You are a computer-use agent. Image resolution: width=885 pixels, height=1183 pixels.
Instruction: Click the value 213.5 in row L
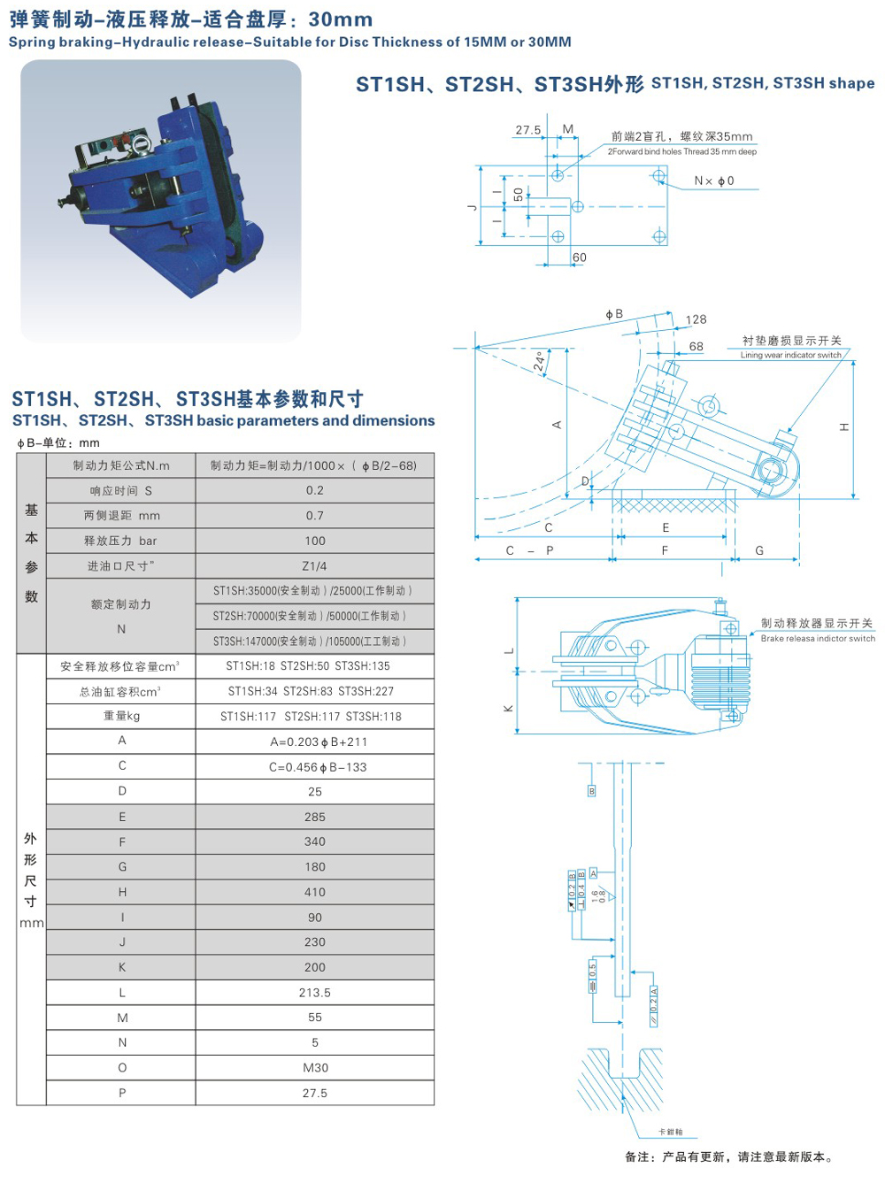[314, 993]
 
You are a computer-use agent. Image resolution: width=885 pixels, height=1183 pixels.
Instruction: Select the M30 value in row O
[314, 1068]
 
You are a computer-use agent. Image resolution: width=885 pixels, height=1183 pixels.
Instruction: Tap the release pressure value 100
[314, 541]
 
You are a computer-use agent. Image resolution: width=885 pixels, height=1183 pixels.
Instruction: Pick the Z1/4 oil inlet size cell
[314, 566]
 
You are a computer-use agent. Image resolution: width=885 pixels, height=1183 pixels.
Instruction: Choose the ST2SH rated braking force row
[310, 616]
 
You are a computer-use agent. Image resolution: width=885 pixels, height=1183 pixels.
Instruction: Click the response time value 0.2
[314, 490]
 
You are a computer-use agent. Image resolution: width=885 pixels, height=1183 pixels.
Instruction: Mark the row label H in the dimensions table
[122, 892]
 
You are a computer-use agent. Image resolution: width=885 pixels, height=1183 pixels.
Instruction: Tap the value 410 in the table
[314, 892]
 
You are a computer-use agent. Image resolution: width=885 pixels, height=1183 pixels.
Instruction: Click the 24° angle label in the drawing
[539, 362]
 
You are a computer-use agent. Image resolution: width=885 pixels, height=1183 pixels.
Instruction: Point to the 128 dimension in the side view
[696, 319]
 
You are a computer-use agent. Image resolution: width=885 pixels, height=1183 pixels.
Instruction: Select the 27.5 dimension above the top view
[527, 130]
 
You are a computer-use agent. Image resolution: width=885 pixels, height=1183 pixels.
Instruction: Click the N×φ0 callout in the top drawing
[713, 181]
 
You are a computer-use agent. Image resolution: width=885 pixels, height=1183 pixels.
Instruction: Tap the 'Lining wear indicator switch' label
[790, 355]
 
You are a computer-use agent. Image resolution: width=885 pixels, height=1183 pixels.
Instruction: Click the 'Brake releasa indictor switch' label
[817, 638]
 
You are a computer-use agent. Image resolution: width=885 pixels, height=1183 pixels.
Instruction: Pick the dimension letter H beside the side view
[844, 427]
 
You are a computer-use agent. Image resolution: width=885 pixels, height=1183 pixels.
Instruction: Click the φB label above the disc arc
[614, 314]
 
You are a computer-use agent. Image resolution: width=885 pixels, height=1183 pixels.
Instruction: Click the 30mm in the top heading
[341, 19]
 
